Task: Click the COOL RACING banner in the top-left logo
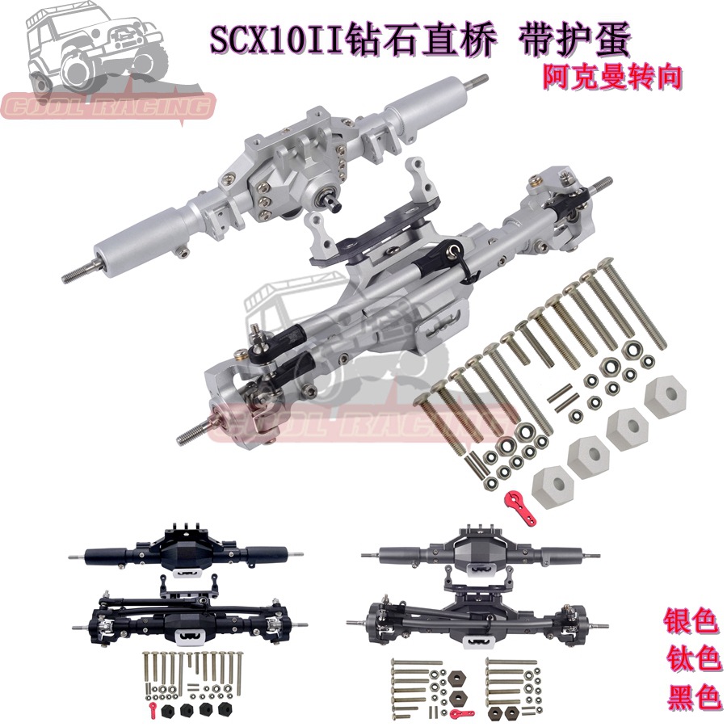pos(109,106)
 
